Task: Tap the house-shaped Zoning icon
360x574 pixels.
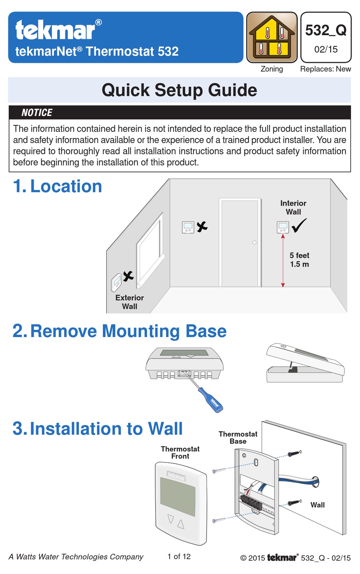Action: click(x=272, y=37)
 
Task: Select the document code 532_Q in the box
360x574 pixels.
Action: click(x=326, y=30)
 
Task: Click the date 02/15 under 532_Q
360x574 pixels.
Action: click(x=326, y=49)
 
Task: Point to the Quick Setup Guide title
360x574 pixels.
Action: click(x=179, y=90)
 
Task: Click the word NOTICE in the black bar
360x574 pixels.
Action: click(x=37, y=112)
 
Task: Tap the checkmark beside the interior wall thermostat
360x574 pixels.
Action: click(x=299, y=225)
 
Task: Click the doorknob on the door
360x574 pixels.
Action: click(x=254, y=243)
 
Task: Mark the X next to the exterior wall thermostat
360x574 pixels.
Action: click(x=128, y=276)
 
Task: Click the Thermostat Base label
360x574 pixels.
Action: click(x=238, y=438)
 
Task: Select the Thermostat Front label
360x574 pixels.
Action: click(x=180, y=452)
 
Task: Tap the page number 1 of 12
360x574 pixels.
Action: click(x=179, y=557)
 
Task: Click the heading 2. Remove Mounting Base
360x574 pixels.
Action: click(x=119, y=331)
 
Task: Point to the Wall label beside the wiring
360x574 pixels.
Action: click(x=317, y=505)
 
